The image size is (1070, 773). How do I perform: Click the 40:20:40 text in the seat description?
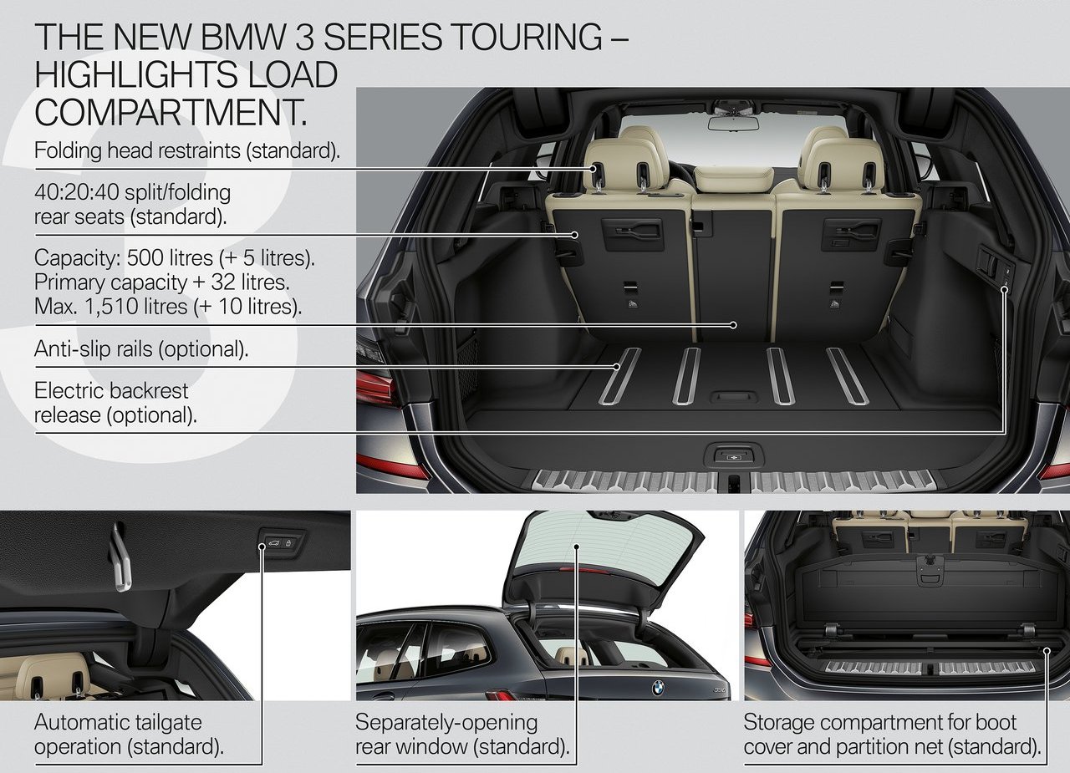(76, 192)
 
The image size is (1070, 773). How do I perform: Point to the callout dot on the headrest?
(593, 169)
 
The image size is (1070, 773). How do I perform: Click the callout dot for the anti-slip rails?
(617, 367)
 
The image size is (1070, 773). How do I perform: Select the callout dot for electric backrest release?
(1004, 289)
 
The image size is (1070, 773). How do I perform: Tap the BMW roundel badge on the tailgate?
(658, 688)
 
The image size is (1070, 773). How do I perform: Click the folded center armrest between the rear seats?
(734, 179)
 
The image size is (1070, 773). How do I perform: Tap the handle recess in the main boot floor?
(734, 397)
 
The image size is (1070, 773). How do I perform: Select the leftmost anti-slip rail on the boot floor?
(619, 377)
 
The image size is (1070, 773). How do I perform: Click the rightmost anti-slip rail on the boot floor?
(848, 377)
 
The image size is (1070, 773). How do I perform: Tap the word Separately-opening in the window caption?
(446, 723)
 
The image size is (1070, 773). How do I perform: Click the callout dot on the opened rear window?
(577, 547)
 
